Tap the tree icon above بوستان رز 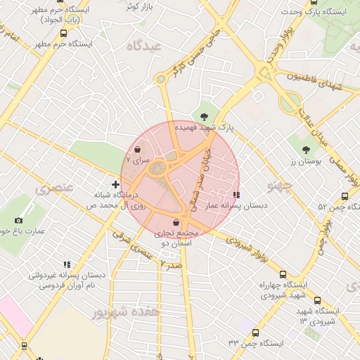(306, 149)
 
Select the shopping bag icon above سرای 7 (137, 149)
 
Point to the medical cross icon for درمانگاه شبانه (115, 184)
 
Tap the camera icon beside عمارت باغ (9, 220)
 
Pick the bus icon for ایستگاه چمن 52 (345, 196)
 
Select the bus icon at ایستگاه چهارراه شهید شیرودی (283, 275)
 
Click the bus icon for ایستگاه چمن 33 (255, 333)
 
